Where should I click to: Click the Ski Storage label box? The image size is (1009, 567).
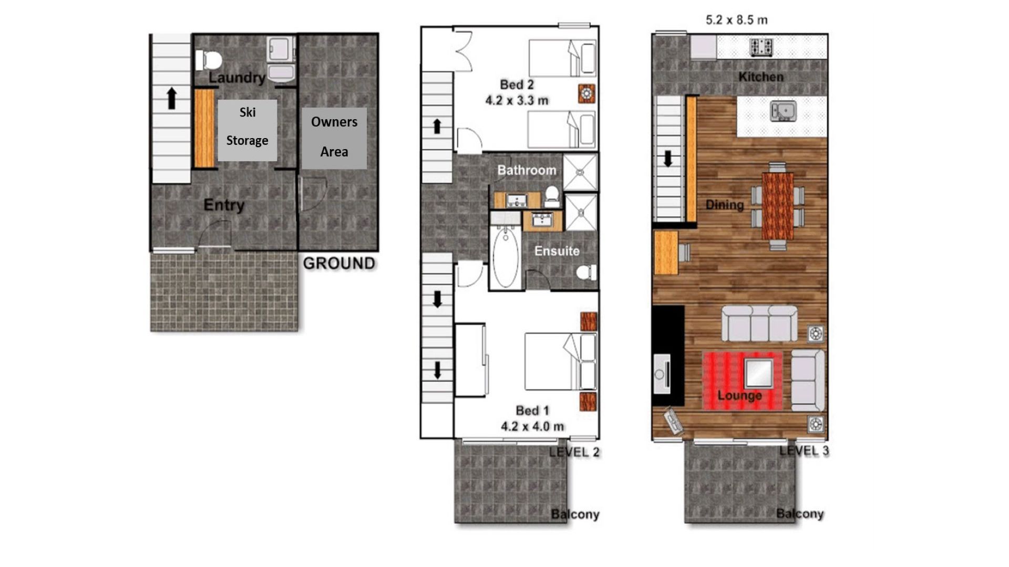click(248, 130)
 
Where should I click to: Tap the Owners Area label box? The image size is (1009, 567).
click(334, 138)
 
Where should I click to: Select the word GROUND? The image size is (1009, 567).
click(339, 263)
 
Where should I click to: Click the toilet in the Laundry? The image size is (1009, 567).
click(209, 60)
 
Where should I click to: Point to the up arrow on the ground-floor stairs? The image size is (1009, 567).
click(171, 98)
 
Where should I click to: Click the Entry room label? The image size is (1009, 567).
click(224, 205)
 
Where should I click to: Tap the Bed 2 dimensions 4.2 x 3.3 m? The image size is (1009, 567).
click(517, 100)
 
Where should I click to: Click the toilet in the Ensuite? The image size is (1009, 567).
click(586, 272)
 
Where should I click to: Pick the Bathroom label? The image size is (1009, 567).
click(527, 170)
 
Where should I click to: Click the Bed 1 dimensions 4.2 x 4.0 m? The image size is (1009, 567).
click(533, 426)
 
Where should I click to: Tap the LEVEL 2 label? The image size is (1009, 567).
click(574, 452)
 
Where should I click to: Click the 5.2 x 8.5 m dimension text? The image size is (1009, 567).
click(736, 20)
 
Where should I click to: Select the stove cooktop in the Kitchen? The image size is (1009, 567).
click(761, 47)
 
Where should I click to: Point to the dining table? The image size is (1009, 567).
click(778, 206)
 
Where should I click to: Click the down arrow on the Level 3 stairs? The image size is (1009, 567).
click(668, 159)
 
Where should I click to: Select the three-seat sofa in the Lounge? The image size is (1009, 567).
click(759, 324)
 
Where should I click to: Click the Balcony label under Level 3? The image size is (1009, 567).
click(800, 513)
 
